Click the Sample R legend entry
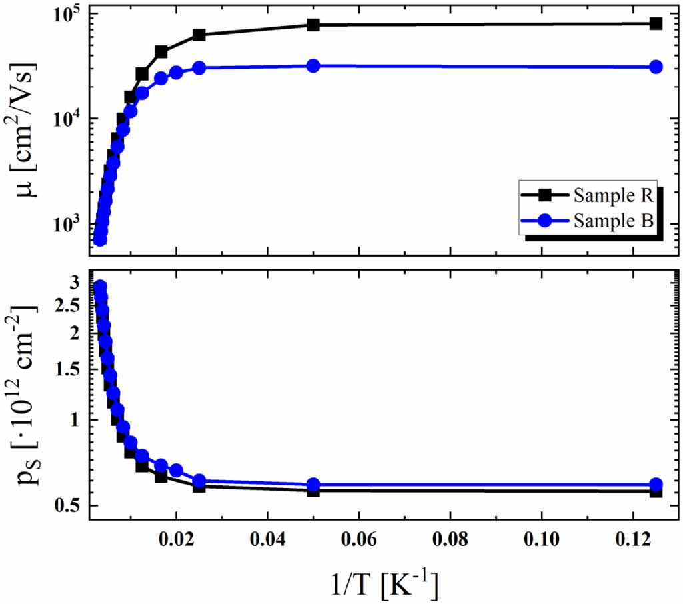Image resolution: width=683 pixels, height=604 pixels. tap(603, 195)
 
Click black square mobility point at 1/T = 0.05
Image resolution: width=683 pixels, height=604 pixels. tap(313, 25)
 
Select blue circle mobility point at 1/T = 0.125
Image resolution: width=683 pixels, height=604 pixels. tap(656, 67)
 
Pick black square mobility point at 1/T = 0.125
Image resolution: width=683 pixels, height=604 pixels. tap(656, 23)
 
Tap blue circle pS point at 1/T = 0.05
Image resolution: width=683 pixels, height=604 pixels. tap(313, 485)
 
